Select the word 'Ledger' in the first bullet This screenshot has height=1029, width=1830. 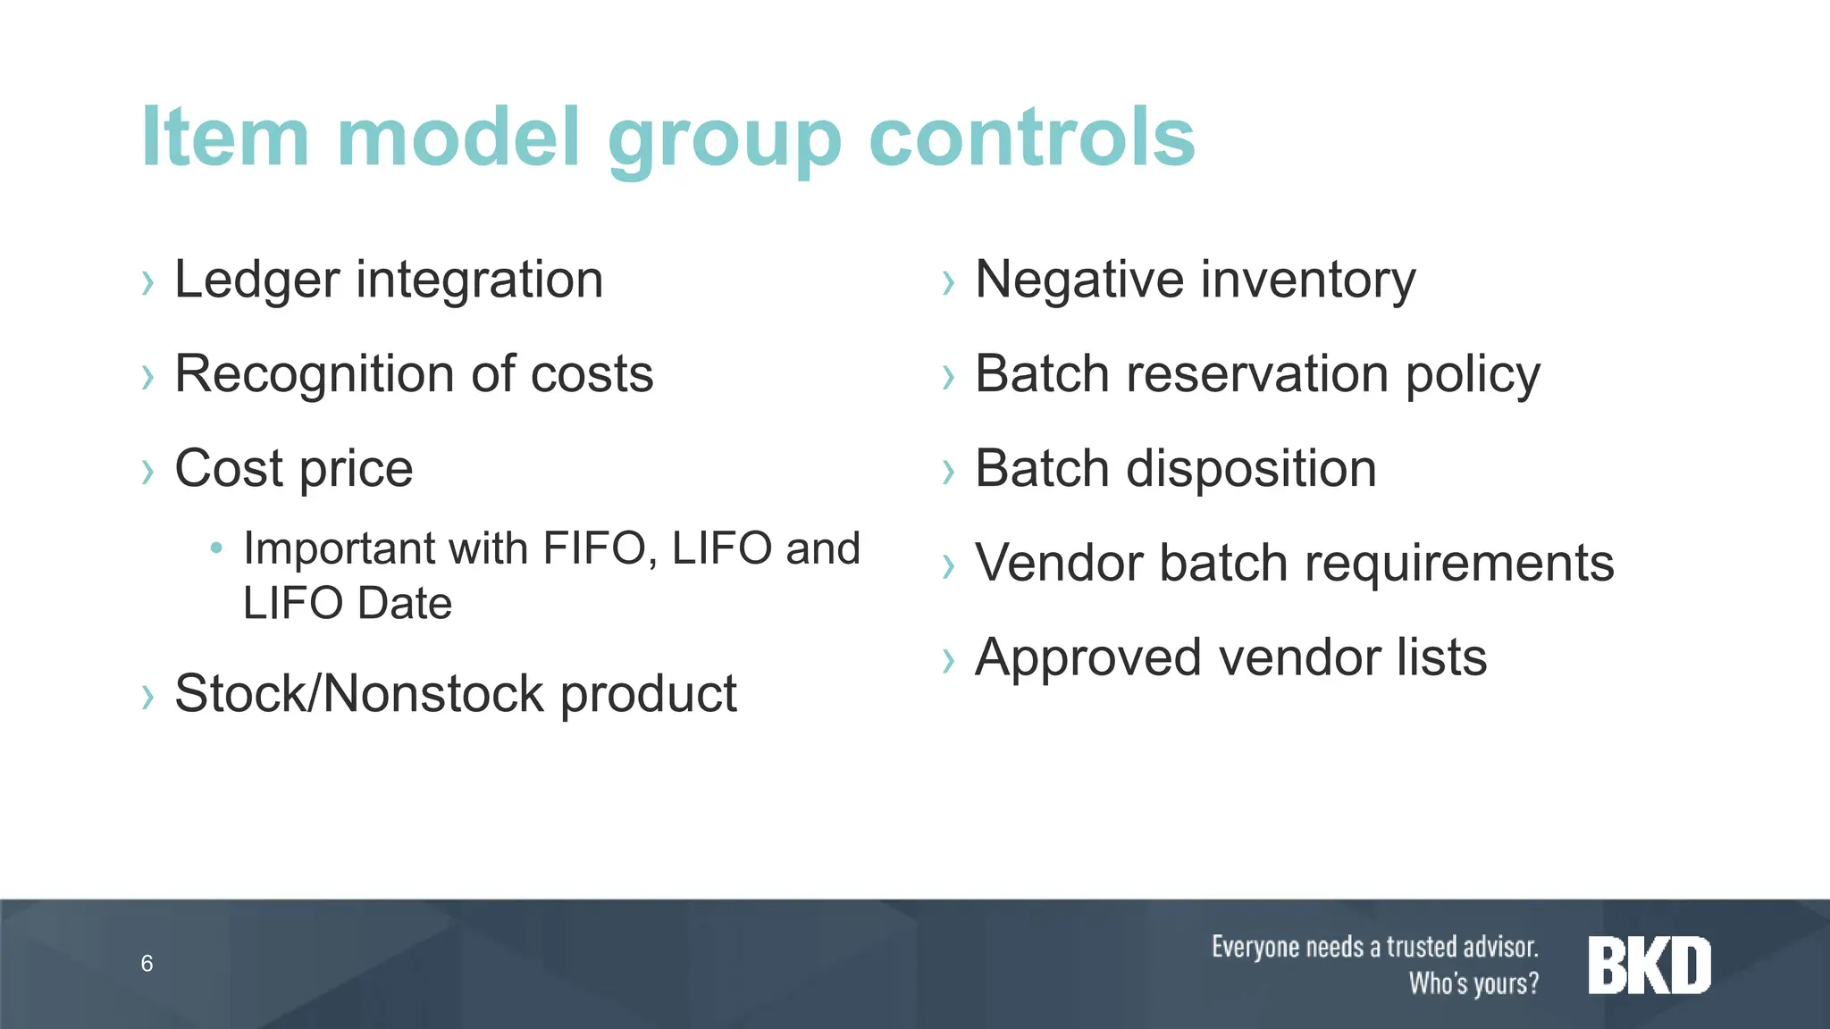(256, 280)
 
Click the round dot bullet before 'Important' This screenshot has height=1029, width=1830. (215, 547)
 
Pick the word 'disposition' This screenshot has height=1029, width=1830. (1251, 469)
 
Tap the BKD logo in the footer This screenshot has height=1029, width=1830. (1649, 966)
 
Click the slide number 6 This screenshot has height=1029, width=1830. (147, 964)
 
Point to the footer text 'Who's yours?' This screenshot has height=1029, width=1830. (1473, 983)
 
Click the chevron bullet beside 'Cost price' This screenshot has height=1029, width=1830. (148, 471)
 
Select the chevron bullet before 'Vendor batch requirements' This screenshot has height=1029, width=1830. (949, 565)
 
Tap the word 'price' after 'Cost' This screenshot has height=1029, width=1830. (356, 469)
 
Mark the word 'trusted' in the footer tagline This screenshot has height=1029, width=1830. (1421, 947)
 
